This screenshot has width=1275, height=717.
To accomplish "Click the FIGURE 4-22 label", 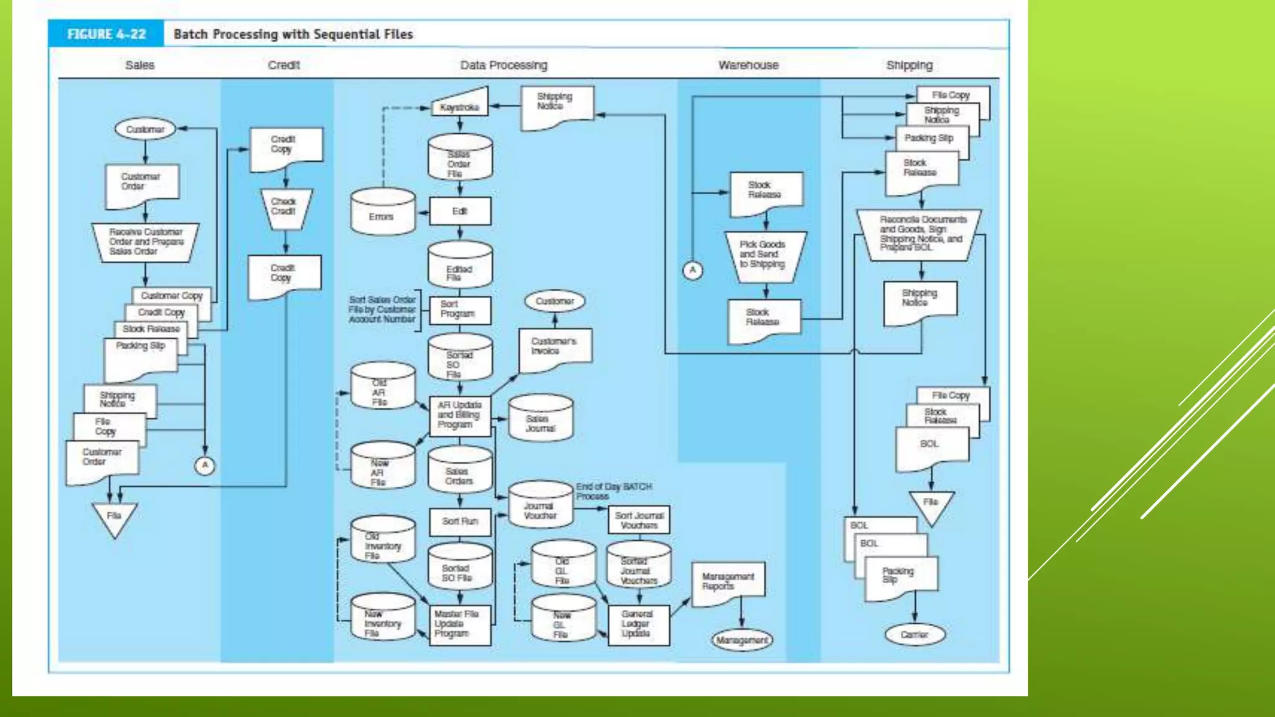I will tap(106, 34).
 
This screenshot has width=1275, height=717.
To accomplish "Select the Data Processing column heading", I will tap(504, 65).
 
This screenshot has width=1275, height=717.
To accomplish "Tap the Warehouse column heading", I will tap(748, 65).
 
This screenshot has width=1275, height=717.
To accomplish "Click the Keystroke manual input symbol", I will tap(460, 105).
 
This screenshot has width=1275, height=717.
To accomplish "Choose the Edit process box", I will tap(460, 211).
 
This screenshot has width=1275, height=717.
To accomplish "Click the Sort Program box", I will tap(460, 309).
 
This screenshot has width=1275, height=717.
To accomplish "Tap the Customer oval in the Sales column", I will tap(145, 129).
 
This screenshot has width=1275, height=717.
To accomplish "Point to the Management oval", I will tap(741, 640).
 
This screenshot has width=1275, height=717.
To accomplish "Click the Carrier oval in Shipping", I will tap(915, 634).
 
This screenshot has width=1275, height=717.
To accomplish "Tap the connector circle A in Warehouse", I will tap(692, 270).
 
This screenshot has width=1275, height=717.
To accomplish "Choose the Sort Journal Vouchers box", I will tap(639, 520).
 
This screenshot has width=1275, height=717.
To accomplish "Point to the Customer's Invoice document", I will tap(555, 349).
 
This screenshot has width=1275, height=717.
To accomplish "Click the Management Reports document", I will tap(728, 583).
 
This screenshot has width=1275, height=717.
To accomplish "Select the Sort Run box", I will tap(460, 522).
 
